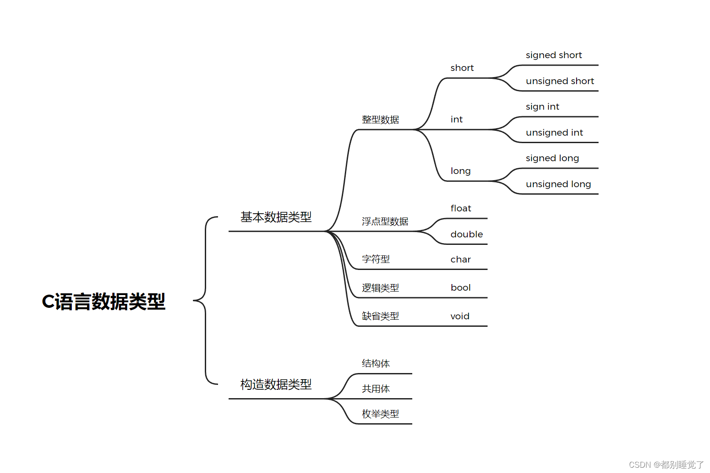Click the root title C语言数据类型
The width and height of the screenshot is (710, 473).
click(104, 302)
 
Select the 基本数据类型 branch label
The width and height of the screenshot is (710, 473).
click(276, 217)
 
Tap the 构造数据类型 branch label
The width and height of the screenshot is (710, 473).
click(276, 384)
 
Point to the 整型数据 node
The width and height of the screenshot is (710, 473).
click(380, 120)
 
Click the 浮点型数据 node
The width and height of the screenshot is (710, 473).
click(385, 222)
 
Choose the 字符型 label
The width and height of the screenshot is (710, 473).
click(376, 259)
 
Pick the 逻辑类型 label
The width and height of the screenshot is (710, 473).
click(380, 288)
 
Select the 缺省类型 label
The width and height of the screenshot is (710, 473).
click(380, 316)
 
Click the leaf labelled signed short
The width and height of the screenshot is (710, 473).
click(554, 55)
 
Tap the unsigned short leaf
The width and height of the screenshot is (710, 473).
click(560, 81)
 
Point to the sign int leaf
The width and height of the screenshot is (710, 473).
click(542, 107)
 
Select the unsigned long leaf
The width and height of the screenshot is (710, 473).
click(558, 184)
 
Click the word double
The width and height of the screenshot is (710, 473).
click(466, 234)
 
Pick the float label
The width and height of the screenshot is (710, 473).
click(461, 208)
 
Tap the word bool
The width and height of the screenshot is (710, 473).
click(461, 288)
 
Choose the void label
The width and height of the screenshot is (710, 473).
click(460, 316)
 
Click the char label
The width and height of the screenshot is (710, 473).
click(461, 259)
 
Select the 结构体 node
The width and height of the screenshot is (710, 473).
click(376, 363)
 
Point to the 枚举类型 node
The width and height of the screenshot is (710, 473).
click(380, 414)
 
